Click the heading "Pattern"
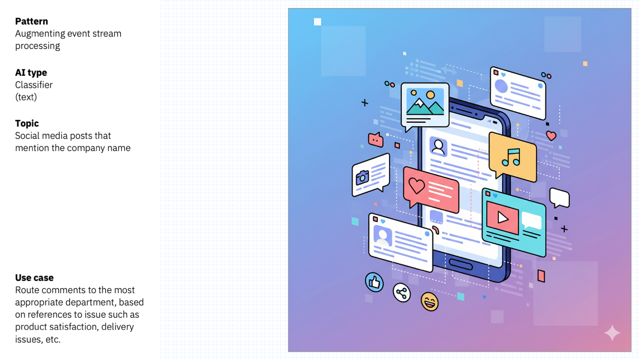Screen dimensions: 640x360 (x=31, y=21)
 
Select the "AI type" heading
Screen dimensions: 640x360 (x=31, y=73)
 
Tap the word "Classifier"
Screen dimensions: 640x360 (x=34, y=85)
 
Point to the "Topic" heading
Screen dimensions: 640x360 (x=27, y=123)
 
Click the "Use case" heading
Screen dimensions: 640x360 (x=34, y=277)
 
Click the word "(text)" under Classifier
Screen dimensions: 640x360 (x=26, y=97)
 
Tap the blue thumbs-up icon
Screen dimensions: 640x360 (x=375, y=282)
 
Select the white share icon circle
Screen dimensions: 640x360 (x=402, y=293)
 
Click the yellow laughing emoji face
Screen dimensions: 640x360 (x=430, y=301)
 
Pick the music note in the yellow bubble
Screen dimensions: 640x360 (x=511, y=157)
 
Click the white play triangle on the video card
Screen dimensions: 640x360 (x=503, y=218)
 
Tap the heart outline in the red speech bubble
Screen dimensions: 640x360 (x=416, y=185)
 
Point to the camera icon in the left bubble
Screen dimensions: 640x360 (x=362, y=177)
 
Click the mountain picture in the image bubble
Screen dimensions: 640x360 (x=425, y=102)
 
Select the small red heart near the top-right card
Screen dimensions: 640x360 (x=551, y=136)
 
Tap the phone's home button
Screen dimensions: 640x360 (x=461, y=264)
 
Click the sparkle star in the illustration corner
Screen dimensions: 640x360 (x=612, y=333)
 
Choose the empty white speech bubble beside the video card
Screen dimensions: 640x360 (x=559, y=198)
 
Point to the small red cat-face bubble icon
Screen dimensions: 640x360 (x=375, y=140)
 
